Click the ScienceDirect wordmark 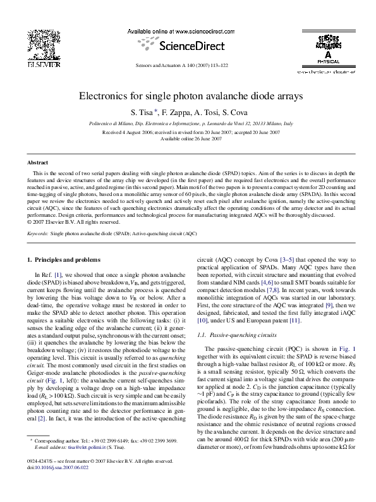(x=190, y=46)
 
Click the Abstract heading (x=38, y=162)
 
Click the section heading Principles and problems (x=67, y=259)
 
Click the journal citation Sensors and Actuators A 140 (x=190, y=66)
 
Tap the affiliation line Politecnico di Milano (x=191, y=124)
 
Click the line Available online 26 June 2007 (x=191, y=138)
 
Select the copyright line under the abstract (x=74, y=221)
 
